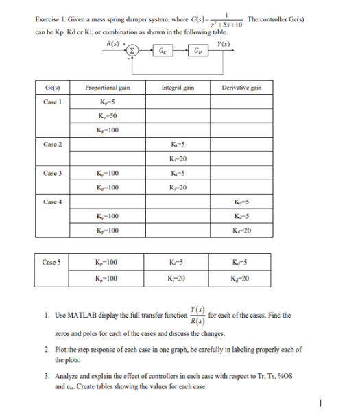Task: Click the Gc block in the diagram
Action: pos(161,51)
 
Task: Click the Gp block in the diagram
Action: pos(197,51)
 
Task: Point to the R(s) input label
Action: pos(109,44)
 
